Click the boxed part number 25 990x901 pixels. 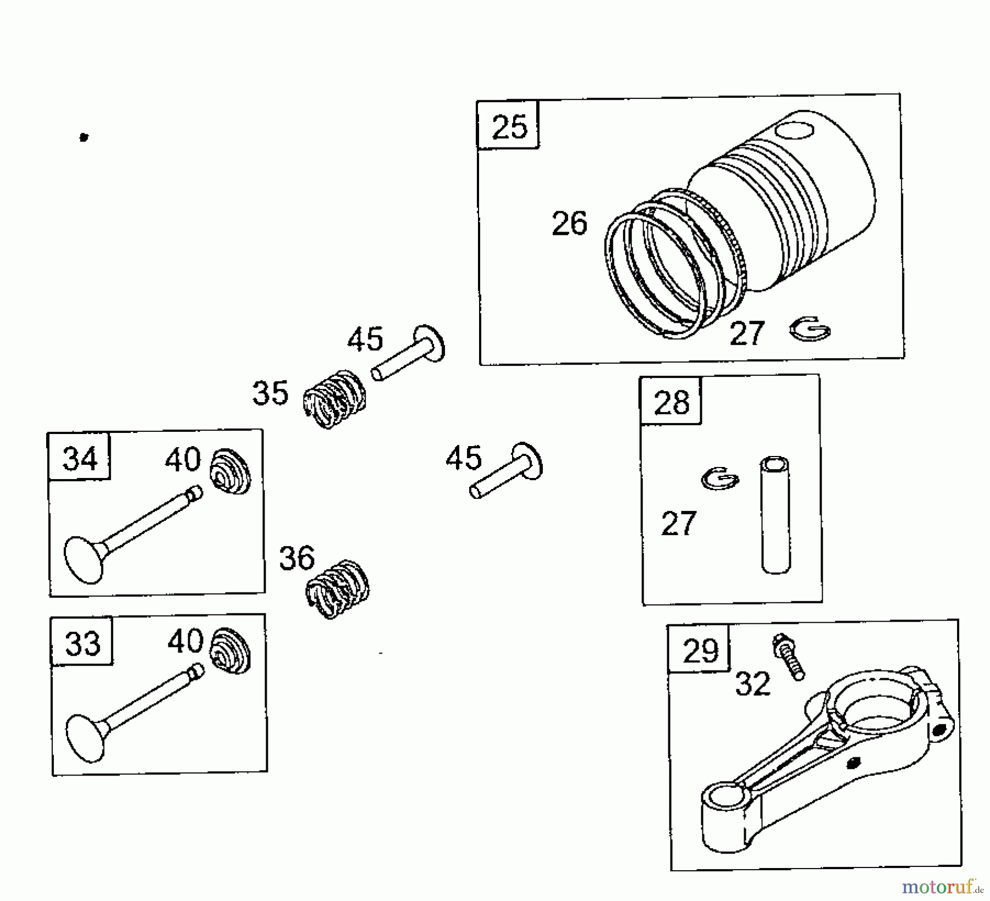(x=510, y=127)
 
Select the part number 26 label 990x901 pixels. (x=570, y=224)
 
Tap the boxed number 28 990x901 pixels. (x=672, y=403)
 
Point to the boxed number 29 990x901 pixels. (x=700, y=651)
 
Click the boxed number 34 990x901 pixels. (x=80, y=459)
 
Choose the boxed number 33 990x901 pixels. (x=82, y=644)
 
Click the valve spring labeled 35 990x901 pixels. (x=335, y=399)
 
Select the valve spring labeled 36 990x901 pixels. (x=337, y=589)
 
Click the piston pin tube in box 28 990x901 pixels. (x=776, y=515)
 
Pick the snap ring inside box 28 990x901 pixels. (x=721, y=477)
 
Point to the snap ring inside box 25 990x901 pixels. (x=810, y=329)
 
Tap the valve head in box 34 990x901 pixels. (x=84, y=559)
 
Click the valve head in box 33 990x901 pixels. (x=86, y=738)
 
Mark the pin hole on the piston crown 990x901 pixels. (x=793, y=131)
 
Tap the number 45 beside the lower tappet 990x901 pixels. (x=464, y=458)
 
